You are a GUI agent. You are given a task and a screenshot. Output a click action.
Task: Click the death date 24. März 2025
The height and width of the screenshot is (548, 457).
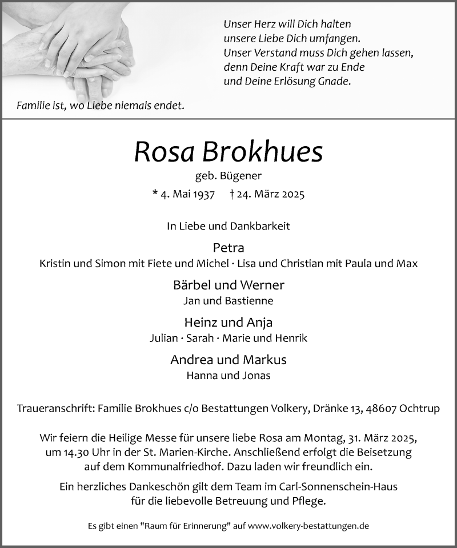[x=272, y=195]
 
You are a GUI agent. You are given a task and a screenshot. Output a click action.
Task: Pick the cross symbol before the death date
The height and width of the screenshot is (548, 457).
[x=232, y=194]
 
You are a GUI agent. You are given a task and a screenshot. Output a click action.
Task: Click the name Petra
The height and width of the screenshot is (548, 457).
[x=228, y=248]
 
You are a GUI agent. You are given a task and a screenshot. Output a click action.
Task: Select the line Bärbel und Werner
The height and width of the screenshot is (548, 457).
[x=228, y=285]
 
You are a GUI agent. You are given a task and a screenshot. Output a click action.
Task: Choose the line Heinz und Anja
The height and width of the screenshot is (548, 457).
[x=228, y=323]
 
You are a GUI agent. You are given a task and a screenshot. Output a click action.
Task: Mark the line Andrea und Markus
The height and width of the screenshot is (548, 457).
[x=228, y=360]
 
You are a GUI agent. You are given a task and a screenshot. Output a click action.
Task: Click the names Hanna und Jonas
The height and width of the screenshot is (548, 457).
[x=228, y=376]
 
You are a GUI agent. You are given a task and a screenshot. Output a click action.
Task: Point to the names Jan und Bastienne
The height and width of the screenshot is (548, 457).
[x=228, y=301]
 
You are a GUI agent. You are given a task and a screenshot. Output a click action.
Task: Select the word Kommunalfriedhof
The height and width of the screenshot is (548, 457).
[x=167, y=467]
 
